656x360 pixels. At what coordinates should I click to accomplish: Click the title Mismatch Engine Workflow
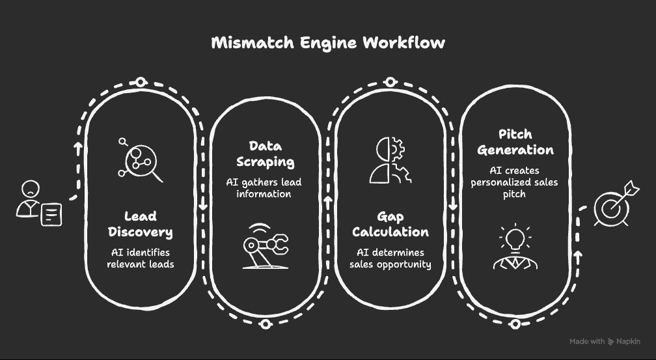(328, 43)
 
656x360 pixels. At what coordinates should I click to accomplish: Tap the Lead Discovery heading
(141, 224)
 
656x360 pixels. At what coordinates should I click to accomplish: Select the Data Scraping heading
(266, 154)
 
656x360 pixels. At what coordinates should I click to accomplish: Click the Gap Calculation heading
(390, 224)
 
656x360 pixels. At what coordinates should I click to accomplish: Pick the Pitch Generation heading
(515, 142)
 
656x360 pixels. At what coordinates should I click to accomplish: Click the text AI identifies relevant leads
(141, 258)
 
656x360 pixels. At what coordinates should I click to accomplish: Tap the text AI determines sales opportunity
(390, 258)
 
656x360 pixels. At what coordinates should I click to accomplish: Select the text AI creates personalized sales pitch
(514, 182)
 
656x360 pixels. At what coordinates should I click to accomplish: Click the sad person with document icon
(38, 203)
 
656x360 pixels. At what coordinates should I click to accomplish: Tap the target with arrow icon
(612, 204)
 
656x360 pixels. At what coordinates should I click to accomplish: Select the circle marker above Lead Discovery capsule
(141, 82)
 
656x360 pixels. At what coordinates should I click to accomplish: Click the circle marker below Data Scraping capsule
(264, 324)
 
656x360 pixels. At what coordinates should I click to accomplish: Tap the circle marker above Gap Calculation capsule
(390, 82)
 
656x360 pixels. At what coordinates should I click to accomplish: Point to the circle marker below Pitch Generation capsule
(515, 324)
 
